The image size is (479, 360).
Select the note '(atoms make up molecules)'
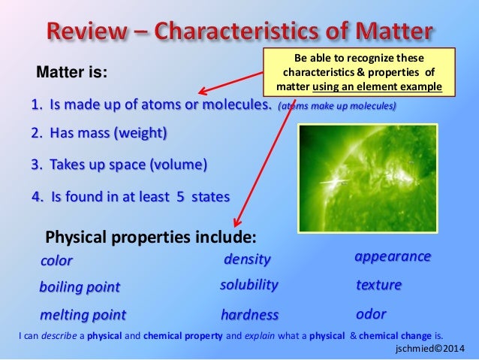tap(336, 106)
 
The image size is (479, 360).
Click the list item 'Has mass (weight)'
tap(100, 134)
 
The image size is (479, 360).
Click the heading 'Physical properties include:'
tap(151, 238)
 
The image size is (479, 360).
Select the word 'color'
tap(57, 261)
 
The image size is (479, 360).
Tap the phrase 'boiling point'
tap(80, 287)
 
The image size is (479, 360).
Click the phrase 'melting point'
tap(83, 314)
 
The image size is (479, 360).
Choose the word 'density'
tap(248, 259)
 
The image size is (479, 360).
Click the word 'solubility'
tap(249, 286)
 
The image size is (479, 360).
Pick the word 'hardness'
tap(250, 314)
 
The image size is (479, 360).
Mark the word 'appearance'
tap(392, 256)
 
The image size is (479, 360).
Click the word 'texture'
tap(379, 286)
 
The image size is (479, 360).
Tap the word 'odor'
tap(371, 313)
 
